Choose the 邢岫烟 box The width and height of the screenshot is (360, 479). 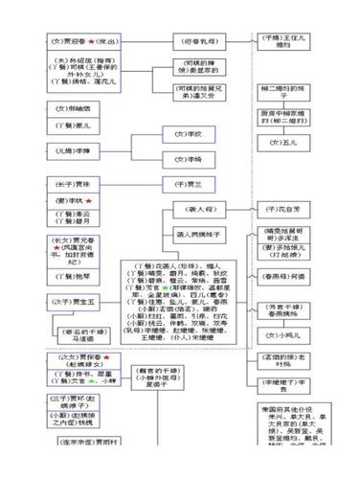tap(73, 109)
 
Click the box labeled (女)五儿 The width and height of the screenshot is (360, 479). tap(283, 143)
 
